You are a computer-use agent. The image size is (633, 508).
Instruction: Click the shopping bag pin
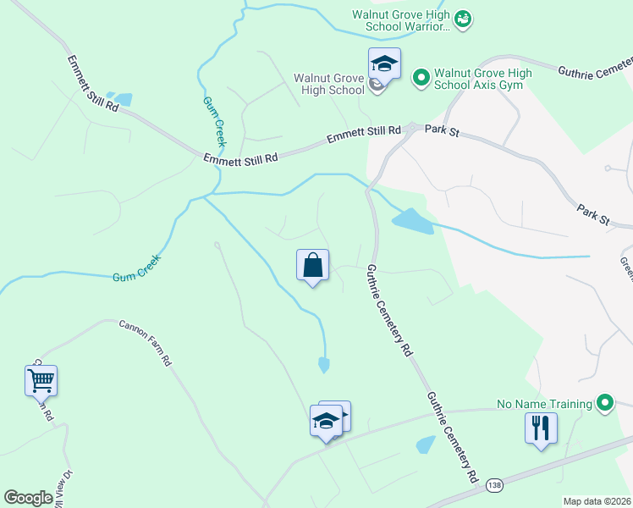click(313, 265)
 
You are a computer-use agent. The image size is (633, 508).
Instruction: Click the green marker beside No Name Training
click(604, 403)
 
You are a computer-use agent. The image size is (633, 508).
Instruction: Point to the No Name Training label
click(544, 404)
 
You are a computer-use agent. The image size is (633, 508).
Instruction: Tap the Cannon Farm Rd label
click(146, 341)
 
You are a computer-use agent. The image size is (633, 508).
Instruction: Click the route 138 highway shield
click(495, 485)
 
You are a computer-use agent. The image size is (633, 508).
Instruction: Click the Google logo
click(28, 498)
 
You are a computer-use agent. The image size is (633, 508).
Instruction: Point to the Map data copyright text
click(597, 501)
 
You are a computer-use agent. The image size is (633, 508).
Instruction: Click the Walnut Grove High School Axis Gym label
click(483, 80)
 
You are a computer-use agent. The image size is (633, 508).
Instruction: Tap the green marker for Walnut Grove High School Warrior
click(462, 19)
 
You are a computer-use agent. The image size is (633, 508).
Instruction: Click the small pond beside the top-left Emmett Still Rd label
click(124, 99)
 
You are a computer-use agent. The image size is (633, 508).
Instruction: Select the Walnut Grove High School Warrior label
click(401, 20)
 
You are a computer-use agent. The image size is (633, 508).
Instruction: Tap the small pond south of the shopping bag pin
click(323, 365)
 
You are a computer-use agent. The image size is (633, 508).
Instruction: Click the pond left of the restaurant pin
click(426, 444)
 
